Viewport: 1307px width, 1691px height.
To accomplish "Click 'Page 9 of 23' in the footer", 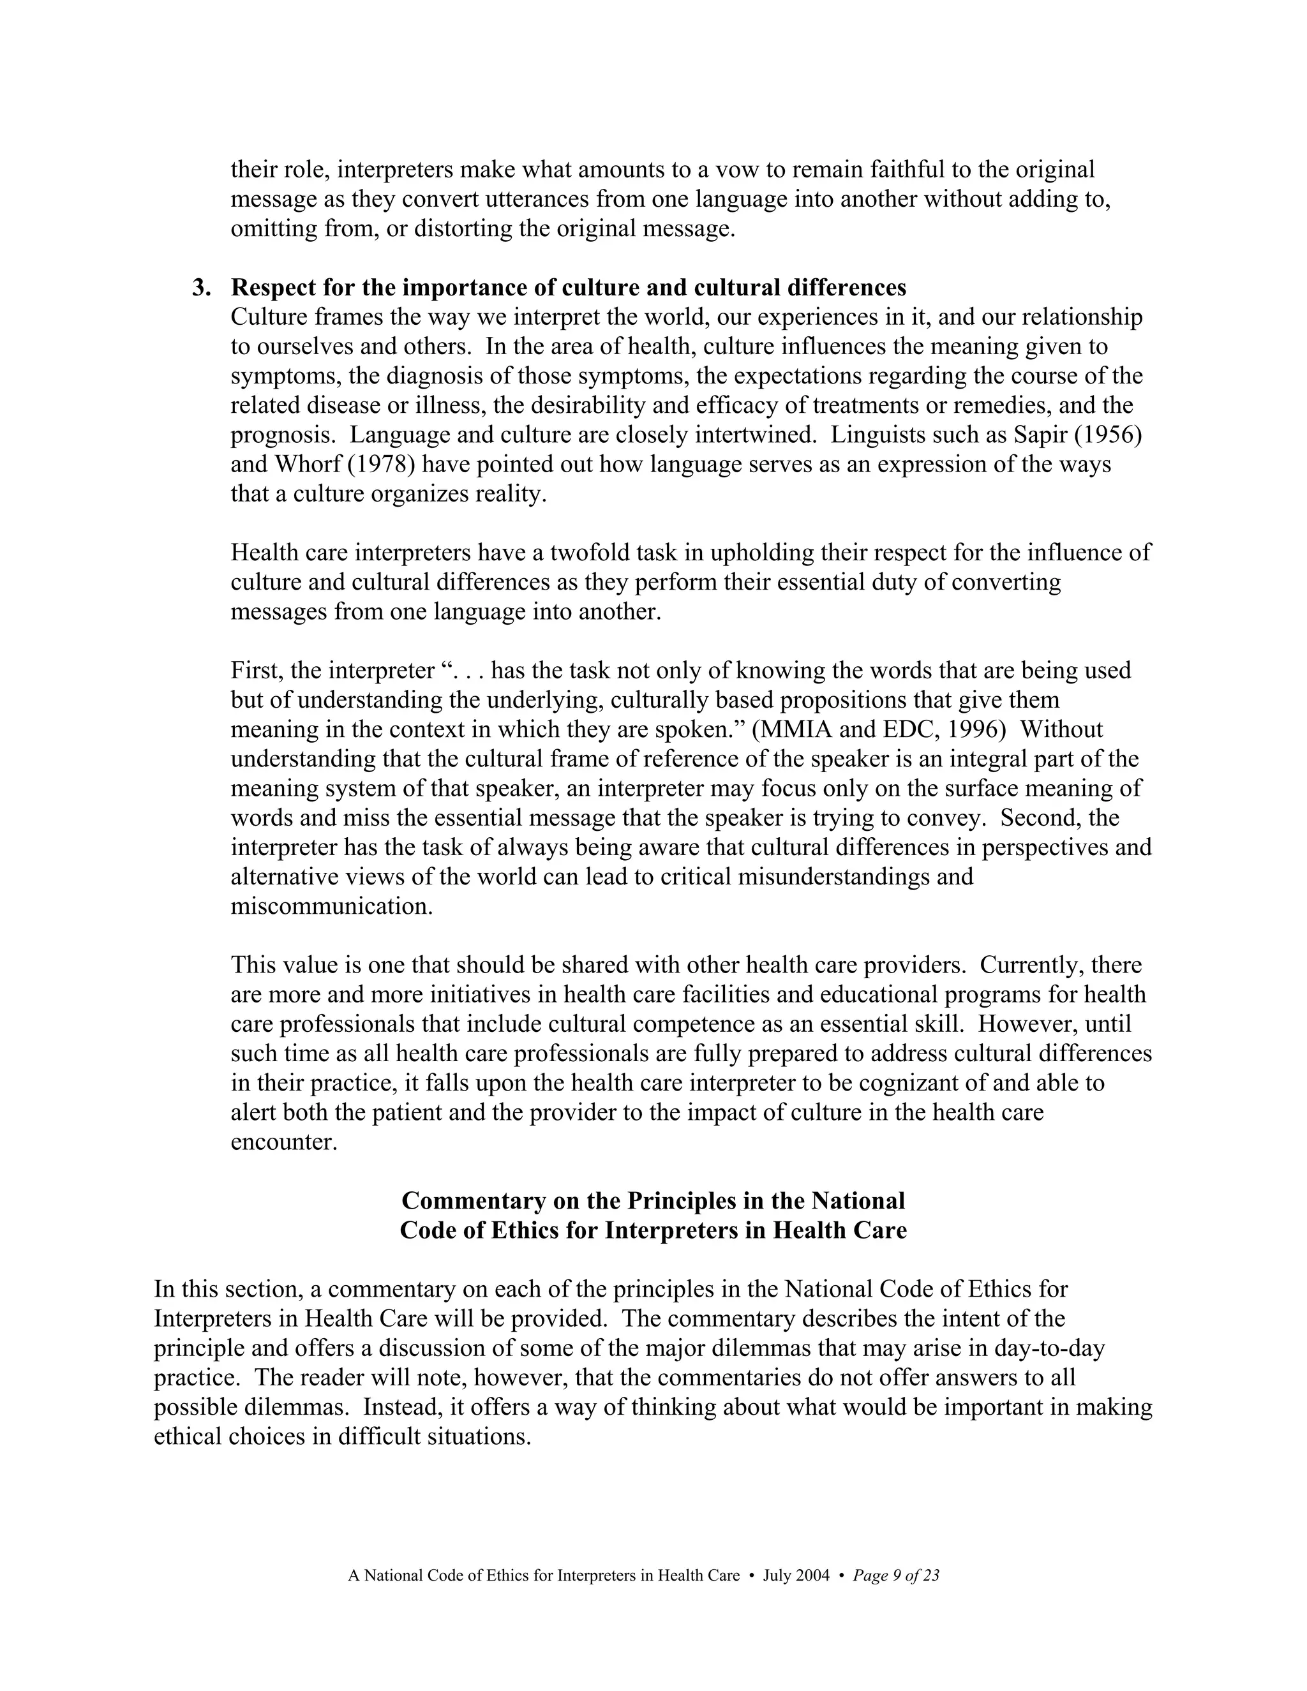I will tap(896, 1576).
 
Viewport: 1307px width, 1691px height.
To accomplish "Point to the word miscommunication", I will tap(331, 906).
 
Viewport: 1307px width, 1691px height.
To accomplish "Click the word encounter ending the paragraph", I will tap(283, 1142).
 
